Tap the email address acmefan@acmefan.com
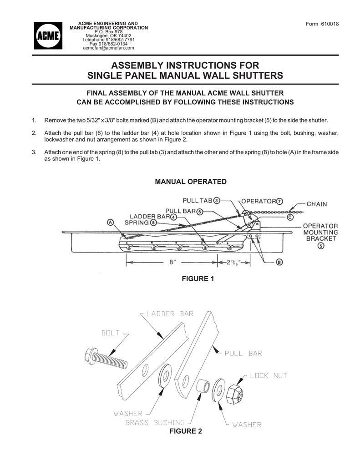(108, 47)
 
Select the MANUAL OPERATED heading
(191, 182)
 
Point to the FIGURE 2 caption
(185, 431)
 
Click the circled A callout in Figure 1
(111, 223)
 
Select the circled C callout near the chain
(290, 217)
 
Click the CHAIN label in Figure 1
(316, 204)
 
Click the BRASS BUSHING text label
(155, 422)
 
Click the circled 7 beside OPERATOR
(279, 201)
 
